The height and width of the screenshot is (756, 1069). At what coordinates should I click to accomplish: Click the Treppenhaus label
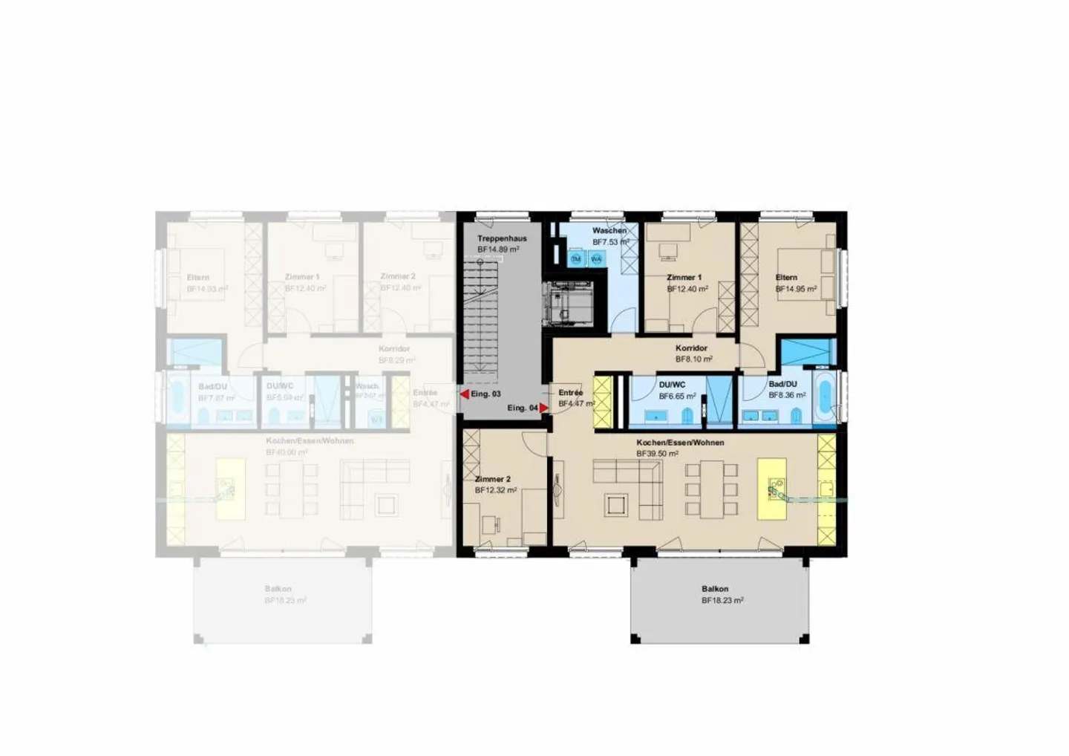click(502, 238)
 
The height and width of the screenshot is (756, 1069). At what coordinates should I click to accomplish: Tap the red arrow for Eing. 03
click(465, 394)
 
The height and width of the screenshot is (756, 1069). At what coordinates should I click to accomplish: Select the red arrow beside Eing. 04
click(543, 408)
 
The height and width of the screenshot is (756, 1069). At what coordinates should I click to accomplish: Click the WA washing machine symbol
click(595, 259)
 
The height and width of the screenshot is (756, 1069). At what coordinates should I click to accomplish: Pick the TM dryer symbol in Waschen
click(576, 259)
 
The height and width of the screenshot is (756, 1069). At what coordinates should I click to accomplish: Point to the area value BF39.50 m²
click(657, 453)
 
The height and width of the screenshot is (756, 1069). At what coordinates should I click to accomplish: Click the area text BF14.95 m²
click(796, 289)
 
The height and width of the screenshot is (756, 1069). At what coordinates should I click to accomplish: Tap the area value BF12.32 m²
click(496, 490)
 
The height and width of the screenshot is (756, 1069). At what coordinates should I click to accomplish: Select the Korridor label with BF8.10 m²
click(691, 348)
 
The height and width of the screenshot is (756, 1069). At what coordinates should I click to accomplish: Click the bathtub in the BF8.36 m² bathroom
click(824, 400)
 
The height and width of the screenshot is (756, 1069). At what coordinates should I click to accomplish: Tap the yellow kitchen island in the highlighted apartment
click(771, 489)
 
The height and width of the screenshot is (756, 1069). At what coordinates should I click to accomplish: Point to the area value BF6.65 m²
click(677, 396)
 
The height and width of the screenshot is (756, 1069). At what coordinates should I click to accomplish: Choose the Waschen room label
click(609, 230)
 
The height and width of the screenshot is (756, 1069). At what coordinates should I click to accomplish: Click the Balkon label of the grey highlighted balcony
click(715, 589)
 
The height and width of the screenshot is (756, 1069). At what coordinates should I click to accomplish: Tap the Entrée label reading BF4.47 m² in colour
click(570, 393)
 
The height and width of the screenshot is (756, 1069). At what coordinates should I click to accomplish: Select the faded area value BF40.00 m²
click(287, 452)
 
